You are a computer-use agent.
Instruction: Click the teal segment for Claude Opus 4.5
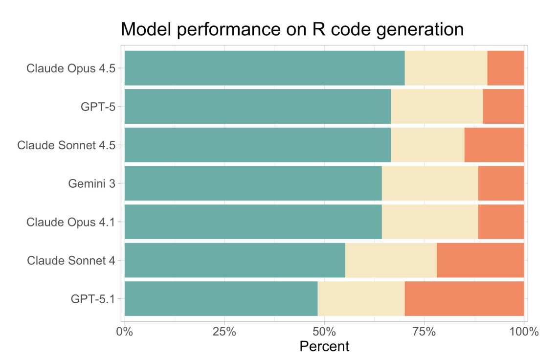(x=264, y=68)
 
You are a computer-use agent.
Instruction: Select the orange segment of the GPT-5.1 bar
(x=464, y=298)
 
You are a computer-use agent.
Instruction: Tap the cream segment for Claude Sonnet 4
(x=391, y=260)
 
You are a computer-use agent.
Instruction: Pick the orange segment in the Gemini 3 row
(x=501, y=183)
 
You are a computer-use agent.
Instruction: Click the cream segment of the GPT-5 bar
(x=437, y=106)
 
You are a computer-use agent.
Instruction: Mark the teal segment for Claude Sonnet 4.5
(x=257, y=145)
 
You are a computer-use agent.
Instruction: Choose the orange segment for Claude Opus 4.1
(x=501, y=222)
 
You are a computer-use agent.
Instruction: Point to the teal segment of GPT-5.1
(x=221, y=298)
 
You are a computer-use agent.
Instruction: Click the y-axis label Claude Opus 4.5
(x=71, y=68)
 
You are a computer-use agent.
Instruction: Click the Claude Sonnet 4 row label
(x=71, y=260)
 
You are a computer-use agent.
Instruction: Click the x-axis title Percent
(x=324, y=347)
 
